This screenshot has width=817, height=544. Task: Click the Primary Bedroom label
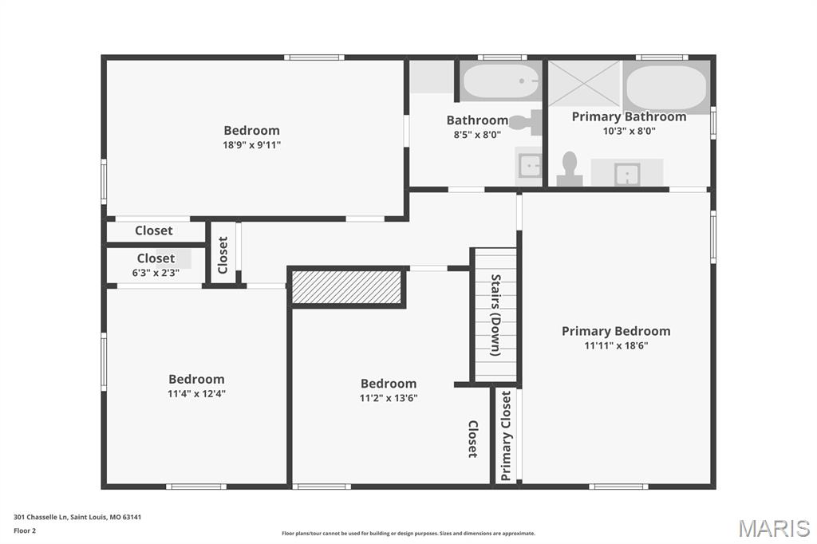(x=616, y=331)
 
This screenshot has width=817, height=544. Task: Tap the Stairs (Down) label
(x=495, y=315)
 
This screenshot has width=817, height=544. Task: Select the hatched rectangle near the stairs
(x=346, y=287)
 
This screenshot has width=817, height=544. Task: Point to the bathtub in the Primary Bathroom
(x=665, y=88)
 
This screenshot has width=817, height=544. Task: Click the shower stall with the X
(x=584, y=82)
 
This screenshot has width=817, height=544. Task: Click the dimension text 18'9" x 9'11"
(x=252, y=145)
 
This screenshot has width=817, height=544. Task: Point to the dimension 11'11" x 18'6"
(x=616, y=345)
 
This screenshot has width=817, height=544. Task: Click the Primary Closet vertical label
(x=507, y=436)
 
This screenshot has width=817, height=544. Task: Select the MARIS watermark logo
(x=774, y=528)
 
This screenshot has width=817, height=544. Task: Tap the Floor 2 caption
(x=25, y=530)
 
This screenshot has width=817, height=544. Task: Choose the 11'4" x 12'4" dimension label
(x=197, y=393)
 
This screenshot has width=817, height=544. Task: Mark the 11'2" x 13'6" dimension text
(x=389, y=398)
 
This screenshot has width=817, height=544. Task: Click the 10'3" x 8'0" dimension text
(x=629, y=132)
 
